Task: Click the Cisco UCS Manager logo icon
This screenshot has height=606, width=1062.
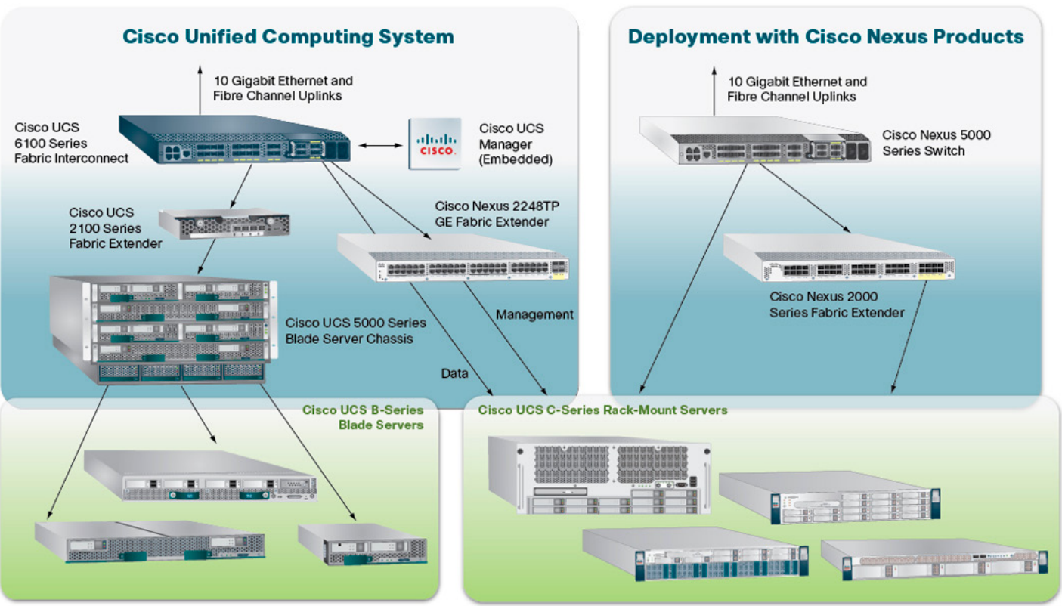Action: coord(435,144)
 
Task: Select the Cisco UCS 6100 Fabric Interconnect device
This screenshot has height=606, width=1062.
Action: coord(234,140)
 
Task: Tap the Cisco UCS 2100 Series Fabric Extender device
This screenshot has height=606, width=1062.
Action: coord(224,221)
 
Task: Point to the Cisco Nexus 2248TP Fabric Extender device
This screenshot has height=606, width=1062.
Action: coord(454,258)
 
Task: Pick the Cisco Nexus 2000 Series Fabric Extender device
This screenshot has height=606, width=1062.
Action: coord(839,259)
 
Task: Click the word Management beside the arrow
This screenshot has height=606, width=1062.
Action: coord(534,314)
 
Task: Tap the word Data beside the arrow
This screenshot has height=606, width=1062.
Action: coord(454,373)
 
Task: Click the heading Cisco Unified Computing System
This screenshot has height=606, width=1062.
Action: coord(288,36)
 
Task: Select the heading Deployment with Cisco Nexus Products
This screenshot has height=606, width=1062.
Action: coord(825,36)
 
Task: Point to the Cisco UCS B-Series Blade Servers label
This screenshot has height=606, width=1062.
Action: coord(363,417)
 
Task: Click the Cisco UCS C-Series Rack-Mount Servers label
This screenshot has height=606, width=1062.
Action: coord(602,410)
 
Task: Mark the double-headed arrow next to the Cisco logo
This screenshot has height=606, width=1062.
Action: coord(379,144)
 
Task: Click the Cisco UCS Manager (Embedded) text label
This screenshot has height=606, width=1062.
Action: coord(516,144)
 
